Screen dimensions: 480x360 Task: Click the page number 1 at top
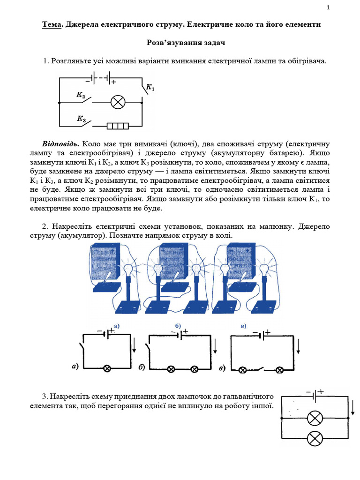coord(329,7)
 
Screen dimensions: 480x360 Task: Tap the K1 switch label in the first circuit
coord(150,87)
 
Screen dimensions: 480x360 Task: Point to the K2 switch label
coord(81,95)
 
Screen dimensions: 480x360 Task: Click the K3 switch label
coord(81,119)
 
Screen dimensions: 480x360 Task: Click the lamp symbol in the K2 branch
coord(117,102)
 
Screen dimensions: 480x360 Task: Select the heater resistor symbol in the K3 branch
coord(118,126)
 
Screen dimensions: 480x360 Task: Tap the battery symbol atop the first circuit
coord(101,78)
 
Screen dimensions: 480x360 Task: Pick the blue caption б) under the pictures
coord(178,325)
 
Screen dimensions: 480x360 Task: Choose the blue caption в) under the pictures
coord(243,325)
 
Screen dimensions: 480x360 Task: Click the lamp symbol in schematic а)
coord(107,369)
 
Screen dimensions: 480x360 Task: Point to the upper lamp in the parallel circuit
coord(315,418)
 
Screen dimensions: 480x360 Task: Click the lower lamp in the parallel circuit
coord(315,439)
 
